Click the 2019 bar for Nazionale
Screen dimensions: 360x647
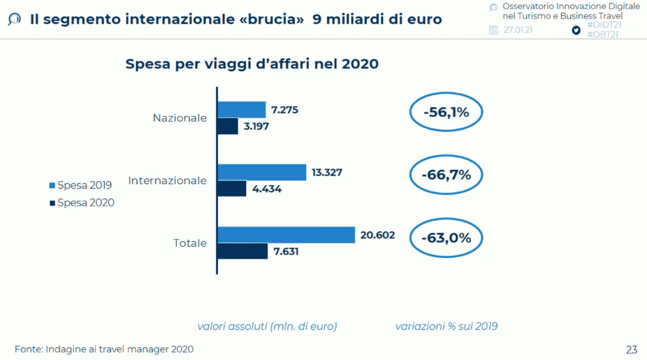[x=242, y=110]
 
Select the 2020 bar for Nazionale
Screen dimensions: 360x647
[x=228, y=126]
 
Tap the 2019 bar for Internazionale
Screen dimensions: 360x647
[x=262, y=172]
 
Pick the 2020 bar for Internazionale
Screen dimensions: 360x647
[x=232, y=189]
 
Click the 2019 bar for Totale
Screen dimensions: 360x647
[x=286, y=235]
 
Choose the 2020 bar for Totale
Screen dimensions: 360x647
[x=242, y=251]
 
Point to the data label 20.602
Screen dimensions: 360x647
[x=377, y=235]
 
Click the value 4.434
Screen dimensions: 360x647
[x=267, y=189]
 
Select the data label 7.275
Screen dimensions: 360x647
[x=285, y=110]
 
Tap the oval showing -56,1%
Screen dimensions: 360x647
[x=446, y=113]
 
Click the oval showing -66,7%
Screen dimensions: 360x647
[x=446, y=175]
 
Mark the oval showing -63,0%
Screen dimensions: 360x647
[x=446, y=238]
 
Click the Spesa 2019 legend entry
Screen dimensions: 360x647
[x=81, y=185]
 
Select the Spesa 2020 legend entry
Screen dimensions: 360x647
[x=81, y=203]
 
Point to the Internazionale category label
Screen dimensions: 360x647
[x=167, y=180]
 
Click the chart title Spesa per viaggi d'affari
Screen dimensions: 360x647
[x=252, y=64]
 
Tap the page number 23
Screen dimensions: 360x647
[x=631, y=350]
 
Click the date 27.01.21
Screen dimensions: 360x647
[x=518, y=30]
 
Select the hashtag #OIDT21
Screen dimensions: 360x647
[x=604, y=24]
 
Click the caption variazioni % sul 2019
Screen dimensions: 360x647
[x=446, y=326]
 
